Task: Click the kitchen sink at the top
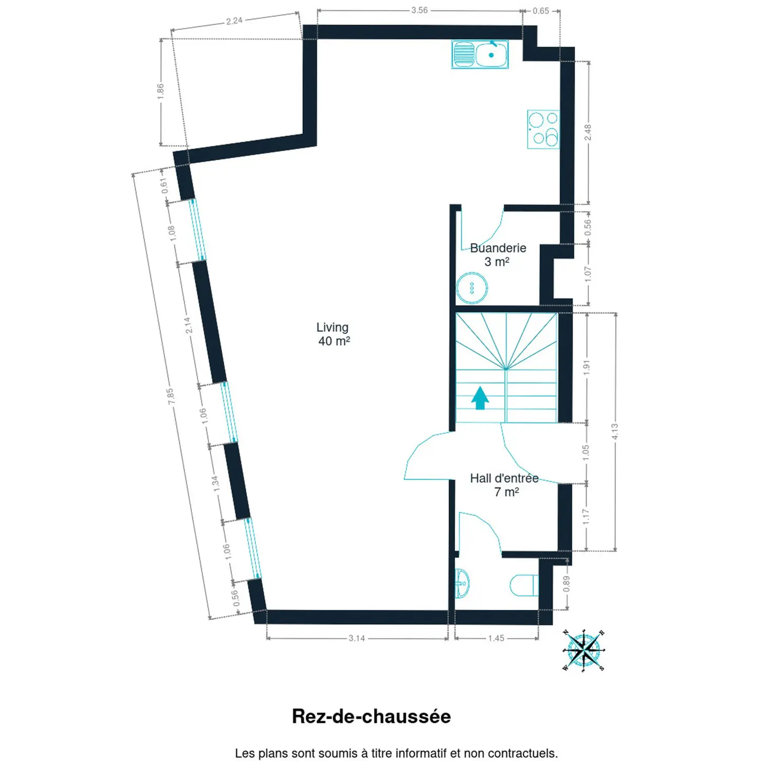pyautogui.click(x=480, y=54)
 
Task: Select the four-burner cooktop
pyautogui.click(x=543, y=129)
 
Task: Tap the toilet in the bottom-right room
pyautogui.click(x=524, y=586)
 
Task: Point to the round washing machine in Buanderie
pyautogui.click(x=471, y=288)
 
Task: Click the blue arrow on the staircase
pyautogui.click(x=480, y=397)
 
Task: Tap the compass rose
pyautogui.click(x=583, y=649)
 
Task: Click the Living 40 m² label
pyautogui.click(x=333, y=333)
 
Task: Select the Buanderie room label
pyautogui.click(x=498, y=248)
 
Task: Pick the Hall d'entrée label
pyautogui.click(x=504, y=478)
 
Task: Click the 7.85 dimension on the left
pyautogui.click(x=170, y=396)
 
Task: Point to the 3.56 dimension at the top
pyautogui.click(x=420, y=10)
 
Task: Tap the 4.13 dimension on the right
pyautogui.click(x=615, y=431)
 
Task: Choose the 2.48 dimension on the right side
pyautogui.click(x=588, y=132)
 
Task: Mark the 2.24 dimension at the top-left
pyautogui.click(x=234, y=21)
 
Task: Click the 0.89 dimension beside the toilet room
pyautogui.click(x=567, y=583)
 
